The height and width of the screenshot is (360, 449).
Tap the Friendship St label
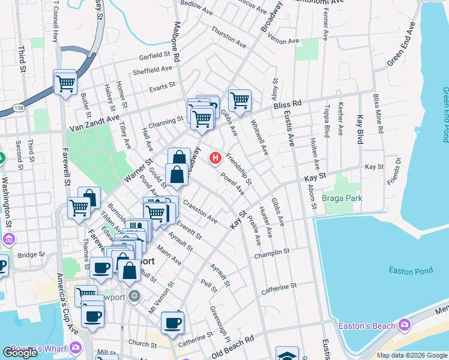tap(239, 169)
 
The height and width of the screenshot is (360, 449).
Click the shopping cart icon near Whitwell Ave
tap(240, 100)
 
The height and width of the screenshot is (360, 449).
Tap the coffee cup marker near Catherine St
tap(173, 323)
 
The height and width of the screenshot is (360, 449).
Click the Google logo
tap(20, 353)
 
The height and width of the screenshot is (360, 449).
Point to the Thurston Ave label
tap(229, 37)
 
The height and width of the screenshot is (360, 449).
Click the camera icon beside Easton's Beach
tap(405, 325)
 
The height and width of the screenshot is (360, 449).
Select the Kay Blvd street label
tap(361, 129)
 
